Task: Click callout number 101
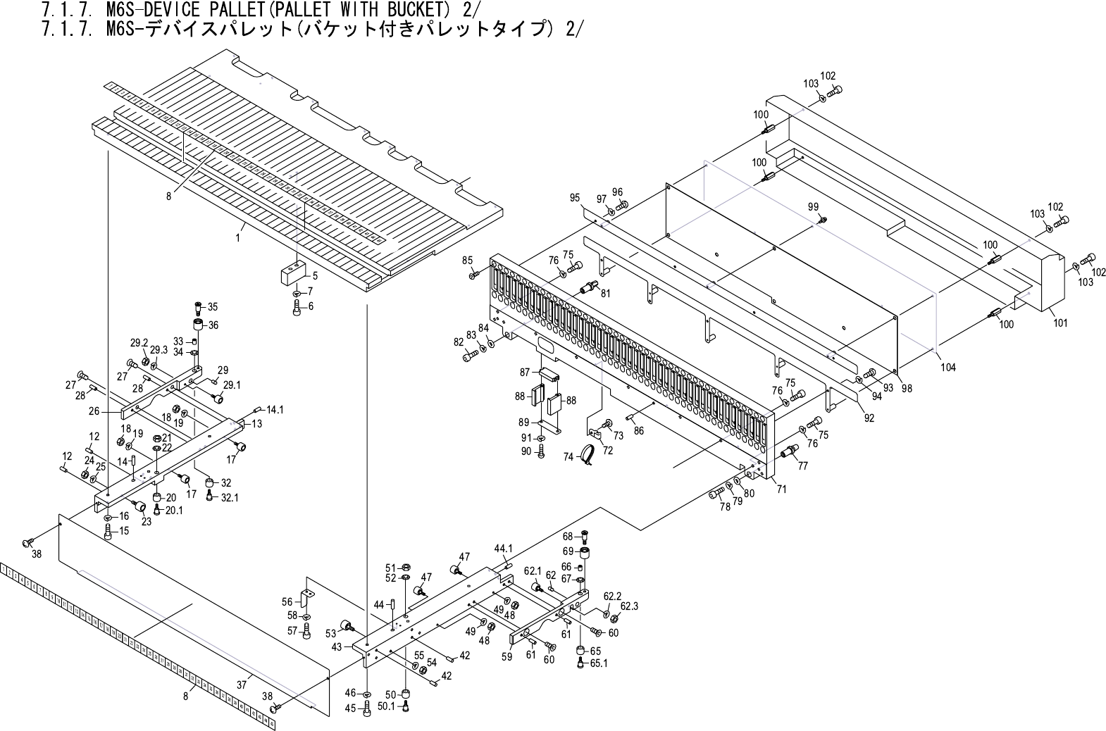click(x=1060, y=323)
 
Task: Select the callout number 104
click(x=948, y=367)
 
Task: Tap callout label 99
click(x=813, y=206)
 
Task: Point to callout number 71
click(x=781, y=488)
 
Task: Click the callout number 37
click(x=242, y=684)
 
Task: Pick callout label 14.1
click(x=274, y=409)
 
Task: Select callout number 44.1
click(x=503, y=547)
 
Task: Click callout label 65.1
click(x=599, y=663)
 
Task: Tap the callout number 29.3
click(x=159, y=349)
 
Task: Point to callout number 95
click(x=575, y=198)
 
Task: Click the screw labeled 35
click(x=198, y=307)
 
